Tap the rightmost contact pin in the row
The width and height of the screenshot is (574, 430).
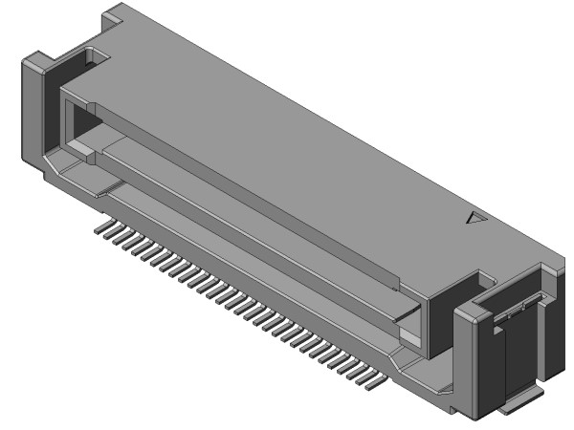[x=374, y=387]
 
